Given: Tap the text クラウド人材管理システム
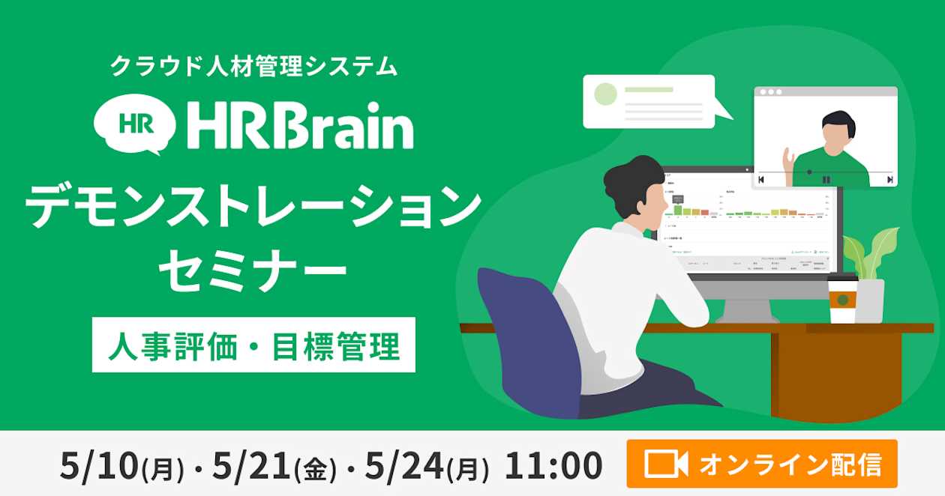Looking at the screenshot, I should click(x=253, y=66).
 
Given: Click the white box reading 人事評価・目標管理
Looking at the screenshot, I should click(x=253, y=345).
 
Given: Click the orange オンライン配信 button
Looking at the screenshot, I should click(x=761, y=465).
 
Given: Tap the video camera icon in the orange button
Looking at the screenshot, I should click(x=666, y=465).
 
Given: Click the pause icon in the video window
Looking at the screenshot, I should click(x=826, y=180).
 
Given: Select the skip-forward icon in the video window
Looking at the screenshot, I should click(x=889, y=180).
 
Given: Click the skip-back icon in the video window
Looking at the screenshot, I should click(x=761, y=180).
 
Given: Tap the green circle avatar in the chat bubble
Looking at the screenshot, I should click(x=605, y=94).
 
